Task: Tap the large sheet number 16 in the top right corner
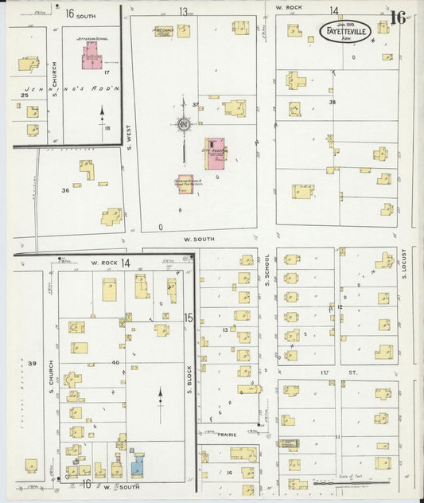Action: point(399,18)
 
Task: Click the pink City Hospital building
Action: point(216,151)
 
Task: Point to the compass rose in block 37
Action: point(185,124)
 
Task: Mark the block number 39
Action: point(33,364)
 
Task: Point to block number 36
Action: point(65,190)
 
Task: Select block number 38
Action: point(333,102)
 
